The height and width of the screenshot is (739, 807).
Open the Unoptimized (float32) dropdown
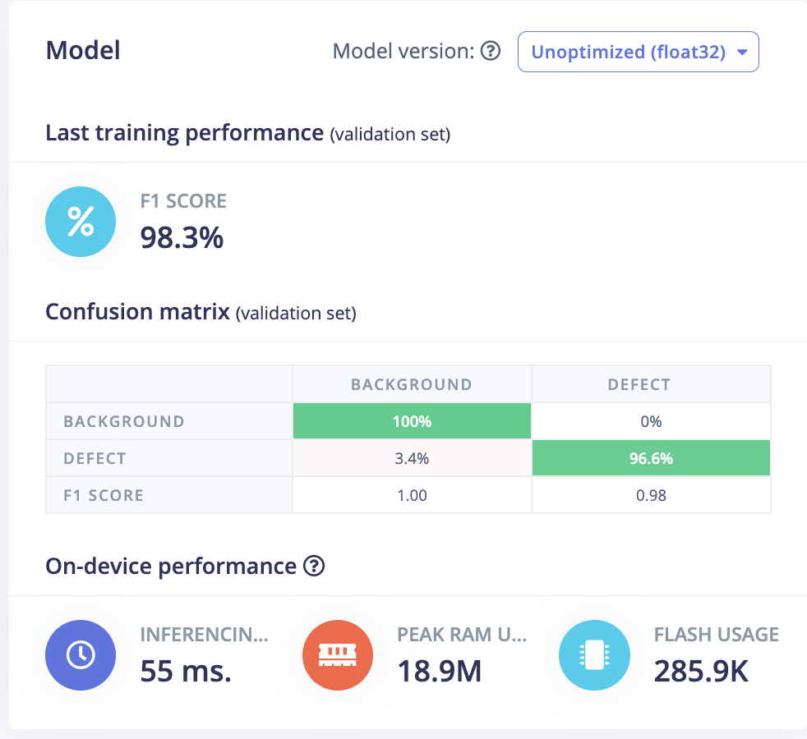coord(638,52)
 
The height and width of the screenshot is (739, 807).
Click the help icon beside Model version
coord(491,52)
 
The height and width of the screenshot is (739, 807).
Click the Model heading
coord(83,51)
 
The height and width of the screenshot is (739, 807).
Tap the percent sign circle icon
coord(81,222)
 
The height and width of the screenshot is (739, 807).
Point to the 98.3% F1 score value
coord(182,237)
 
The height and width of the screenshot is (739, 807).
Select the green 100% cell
coord(412,421)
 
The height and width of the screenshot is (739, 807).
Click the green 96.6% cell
coord(651,458)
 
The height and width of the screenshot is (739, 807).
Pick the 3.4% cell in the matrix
coord(412,458)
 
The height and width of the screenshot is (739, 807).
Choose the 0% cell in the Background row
coord(651,421)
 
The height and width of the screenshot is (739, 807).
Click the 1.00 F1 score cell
coord(412,495)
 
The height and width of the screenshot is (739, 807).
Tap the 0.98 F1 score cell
coord(651,495)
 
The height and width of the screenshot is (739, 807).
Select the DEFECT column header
coord(639,384)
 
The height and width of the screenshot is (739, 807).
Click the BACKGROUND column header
coord(412,384)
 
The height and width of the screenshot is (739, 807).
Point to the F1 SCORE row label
coord(104,495)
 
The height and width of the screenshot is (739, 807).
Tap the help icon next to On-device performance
coord(314,566)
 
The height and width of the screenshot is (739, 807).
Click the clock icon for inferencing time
coord(81,654)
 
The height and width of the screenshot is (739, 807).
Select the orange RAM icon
coord(338,654)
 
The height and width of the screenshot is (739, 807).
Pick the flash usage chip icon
coord(594,654)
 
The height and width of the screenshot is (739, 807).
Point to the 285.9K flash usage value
coord(701,672)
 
